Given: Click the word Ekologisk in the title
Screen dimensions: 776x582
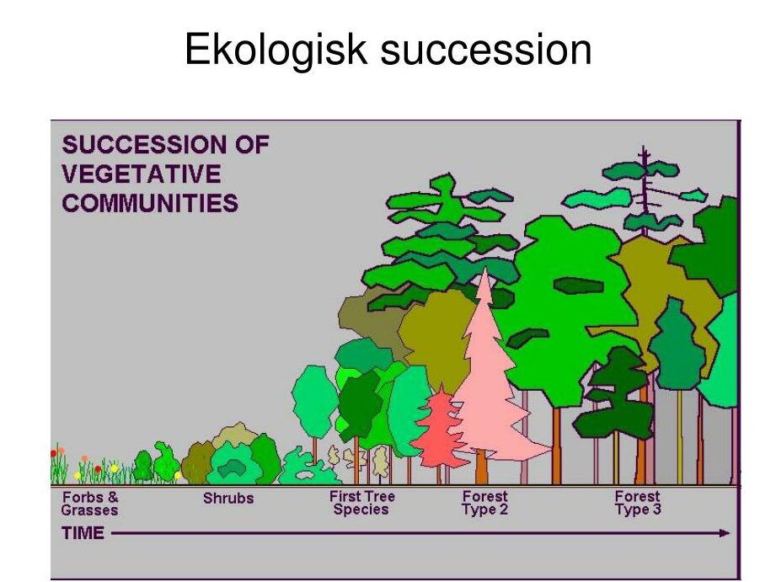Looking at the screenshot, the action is click(x=276, y=50).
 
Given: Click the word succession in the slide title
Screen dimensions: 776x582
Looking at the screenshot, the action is click(x=486, y=51).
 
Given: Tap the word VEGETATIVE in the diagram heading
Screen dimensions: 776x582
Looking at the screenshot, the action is click(x=142, y=174).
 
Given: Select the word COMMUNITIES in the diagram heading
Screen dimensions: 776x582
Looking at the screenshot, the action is click(x=150, y=203).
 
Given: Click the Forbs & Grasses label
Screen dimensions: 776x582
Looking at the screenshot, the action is click(x=89, y=504).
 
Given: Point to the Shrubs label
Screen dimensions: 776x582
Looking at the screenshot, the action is click(x=228, y=498).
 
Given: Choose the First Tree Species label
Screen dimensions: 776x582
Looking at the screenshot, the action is click(x=361, y=503).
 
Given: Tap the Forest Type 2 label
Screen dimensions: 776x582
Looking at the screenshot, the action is click(x=485, y=503).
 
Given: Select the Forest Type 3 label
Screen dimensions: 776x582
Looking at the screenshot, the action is click(x=638, y=503).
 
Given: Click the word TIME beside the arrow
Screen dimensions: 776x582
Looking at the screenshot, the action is click(x=83, y=533).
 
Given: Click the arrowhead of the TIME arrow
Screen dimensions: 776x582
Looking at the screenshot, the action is click(x=725, y=533).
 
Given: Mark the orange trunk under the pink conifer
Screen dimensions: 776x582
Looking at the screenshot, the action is click(x=481, y=467).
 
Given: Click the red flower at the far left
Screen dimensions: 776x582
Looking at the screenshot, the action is click(x=53, y=453).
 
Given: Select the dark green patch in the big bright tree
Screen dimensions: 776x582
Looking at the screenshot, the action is click(x=578, y=286).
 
